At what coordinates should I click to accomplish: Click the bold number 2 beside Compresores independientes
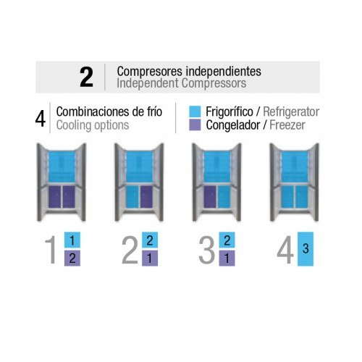(86, 77)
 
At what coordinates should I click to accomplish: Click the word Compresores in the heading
(143, 72)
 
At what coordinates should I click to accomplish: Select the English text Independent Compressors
(181, 83)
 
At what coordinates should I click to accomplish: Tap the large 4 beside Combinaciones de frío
(41, 118)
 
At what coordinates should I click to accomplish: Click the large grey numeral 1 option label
(51, 251)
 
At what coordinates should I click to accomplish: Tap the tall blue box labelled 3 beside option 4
(306, 249)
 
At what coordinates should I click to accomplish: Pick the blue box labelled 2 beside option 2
(149, 240)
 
